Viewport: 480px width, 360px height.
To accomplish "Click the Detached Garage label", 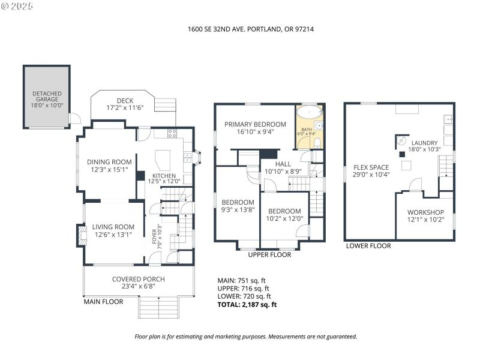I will [46, 95].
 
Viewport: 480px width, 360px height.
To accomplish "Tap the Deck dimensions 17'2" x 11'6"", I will [125, 108].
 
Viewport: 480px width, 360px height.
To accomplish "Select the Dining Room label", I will [109, 161].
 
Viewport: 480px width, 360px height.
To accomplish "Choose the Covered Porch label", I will [138, 279].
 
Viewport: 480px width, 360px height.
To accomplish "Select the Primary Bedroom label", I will [255, 124].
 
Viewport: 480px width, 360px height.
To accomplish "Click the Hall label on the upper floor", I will [283, 164].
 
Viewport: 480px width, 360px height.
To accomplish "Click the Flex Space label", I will [371, 167].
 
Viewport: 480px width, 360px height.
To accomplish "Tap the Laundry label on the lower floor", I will [424, 142].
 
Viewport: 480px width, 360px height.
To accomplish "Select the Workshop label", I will [425, 212].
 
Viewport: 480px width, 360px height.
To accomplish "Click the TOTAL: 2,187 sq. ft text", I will [247, 305].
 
